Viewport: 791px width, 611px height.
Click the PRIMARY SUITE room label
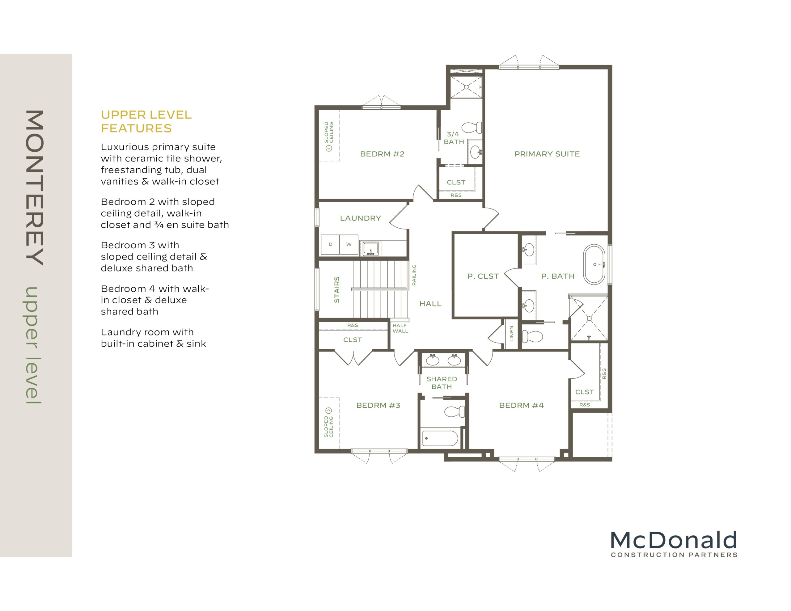click(547, 154)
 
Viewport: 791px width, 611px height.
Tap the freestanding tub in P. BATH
click(594, 265)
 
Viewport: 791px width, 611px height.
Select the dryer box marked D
click(330, 244)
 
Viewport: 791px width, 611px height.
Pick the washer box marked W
click(349, 244)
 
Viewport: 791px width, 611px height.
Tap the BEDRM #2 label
click(382, 154)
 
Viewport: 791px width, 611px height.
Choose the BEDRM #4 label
click(522, 405)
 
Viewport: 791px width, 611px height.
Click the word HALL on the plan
click(430, 304)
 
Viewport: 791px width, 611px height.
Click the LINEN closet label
click(511, 334)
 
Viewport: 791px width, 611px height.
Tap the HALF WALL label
click(400, 328)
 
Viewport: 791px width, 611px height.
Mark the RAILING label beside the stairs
click(414, 275)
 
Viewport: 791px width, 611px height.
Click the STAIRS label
click(337, 289)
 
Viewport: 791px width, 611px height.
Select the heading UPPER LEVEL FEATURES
click(146, 121)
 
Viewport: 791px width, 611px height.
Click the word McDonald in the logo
click(674, 540)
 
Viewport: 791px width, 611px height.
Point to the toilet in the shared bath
click(455, 411)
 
